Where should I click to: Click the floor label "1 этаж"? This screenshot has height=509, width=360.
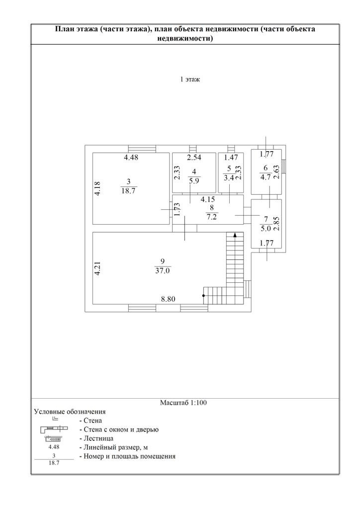click(190, 80)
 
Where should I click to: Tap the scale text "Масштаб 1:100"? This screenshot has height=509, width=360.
click(183, 403)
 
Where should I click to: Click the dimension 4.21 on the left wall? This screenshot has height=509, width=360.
click(97, 269)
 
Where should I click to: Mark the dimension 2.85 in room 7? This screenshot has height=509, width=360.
click(277, 222)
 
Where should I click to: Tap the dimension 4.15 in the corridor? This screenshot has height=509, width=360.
click(208, 200)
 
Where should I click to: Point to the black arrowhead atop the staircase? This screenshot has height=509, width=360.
click(235, 234)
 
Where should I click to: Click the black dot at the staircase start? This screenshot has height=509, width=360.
click(203, 296)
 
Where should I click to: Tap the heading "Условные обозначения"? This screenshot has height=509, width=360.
click(70, 412)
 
